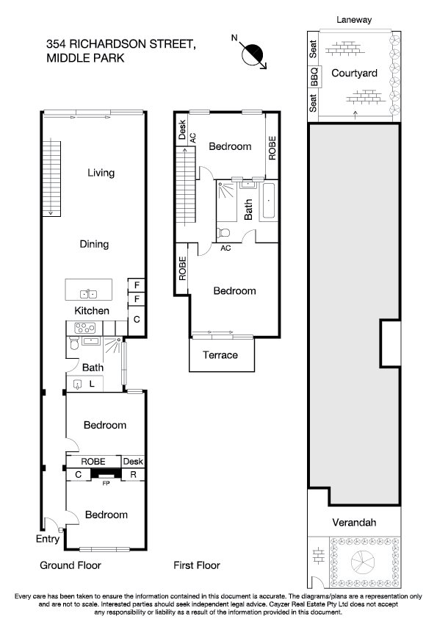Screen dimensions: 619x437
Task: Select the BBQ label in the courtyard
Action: click(x=314, y=78)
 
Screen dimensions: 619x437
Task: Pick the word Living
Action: click(x=101, y=173)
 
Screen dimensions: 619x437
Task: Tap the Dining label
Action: click(x=94, y=244)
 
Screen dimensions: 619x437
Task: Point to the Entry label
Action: click(x=48, y=539)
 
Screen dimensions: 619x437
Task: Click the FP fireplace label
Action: click(x=105, y=484)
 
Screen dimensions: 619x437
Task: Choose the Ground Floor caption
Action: click(x=70, y=565)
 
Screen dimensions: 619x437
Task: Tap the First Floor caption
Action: click(x=196, y=565)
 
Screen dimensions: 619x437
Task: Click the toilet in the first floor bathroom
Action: click(x=223, y=232)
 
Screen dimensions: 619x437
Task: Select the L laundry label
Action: click(x=92, y=383)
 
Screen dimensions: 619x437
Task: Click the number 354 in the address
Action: click(x=55, y=43)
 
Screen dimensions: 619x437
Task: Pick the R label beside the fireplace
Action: click(x=133, y=475)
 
